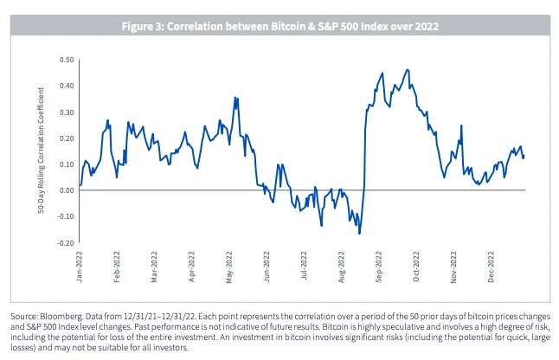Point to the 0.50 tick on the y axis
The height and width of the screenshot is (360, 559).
click(x=64, y=60)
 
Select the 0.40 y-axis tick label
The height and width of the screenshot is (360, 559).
click(x=64, y=86)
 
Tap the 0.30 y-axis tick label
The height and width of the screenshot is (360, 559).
click(x=64, y=112)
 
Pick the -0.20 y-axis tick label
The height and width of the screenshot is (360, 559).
click(x=62, y=243)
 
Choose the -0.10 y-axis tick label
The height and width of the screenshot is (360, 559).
click(x=62, y=216)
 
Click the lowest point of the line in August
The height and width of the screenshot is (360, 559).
click(x=359, y=234)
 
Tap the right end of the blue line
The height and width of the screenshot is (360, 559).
click(x=524, y=157)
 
